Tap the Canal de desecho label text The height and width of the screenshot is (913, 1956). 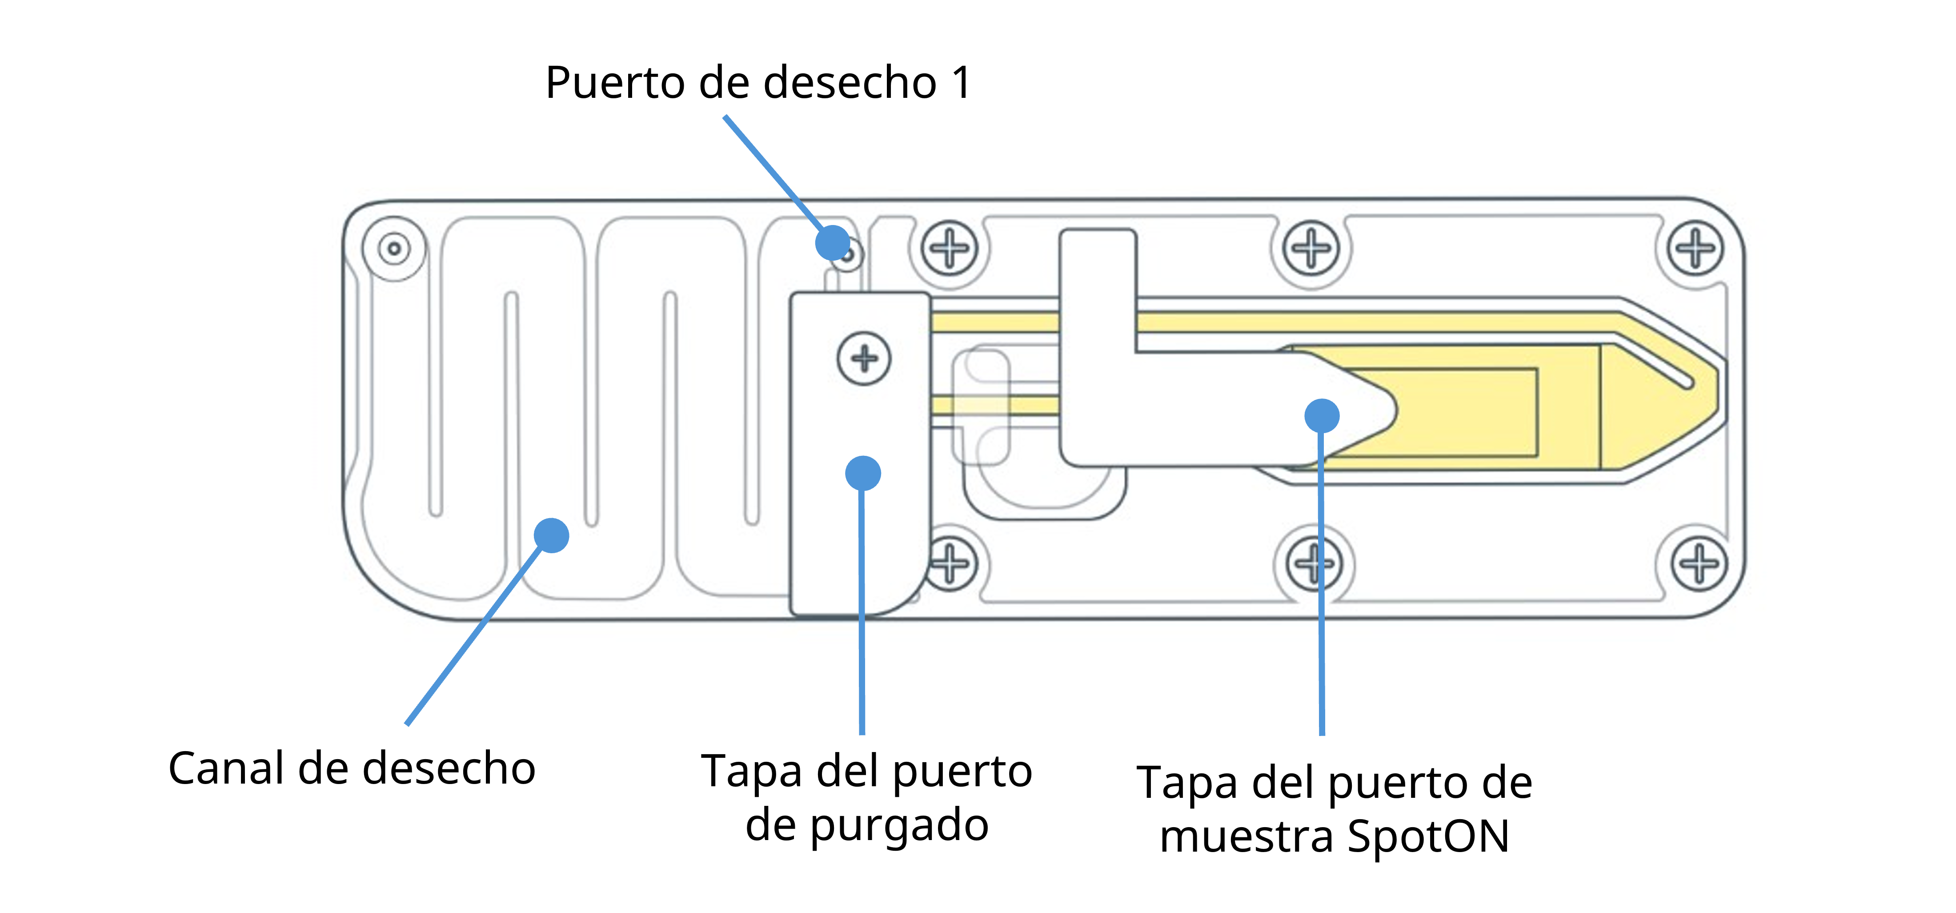[352, 768]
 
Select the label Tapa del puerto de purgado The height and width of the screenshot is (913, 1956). [866, 797]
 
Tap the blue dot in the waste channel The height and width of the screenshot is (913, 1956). [551, 535]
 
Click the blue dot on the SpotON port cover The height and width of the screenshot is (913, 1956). [1322, 415]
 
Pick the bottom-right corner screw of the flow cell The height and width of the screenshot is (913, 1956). [1699, 563]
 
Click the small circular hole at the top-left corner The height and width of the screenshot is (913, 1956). [394, 249]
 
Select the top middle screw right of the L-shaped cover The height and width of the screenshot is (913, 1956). [1311, 248]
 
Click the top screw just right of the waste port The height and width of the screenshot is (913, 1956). [949, 248]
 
